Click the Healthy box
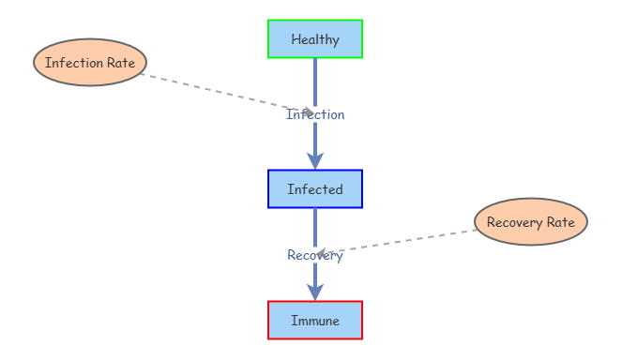click(315, 38)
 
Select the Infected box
click(315, 188)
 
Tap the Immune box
click(315, 320)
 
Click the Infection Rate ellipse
click(90, 63)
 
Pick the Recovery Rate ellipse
click(531, 222)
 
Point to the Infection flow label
click(315, 115)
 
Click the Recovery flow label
click(315, 256)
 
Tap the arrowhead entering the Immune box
click(315, 292)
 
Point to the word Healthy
click(315, 39)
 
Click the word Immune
click(315, 321)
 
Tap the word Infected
click(315, 189)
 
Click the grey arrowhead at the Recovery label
click(322, 253)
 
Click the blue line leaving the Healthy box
click(315, 80)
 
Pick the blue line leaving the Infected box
click(315, 225)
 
